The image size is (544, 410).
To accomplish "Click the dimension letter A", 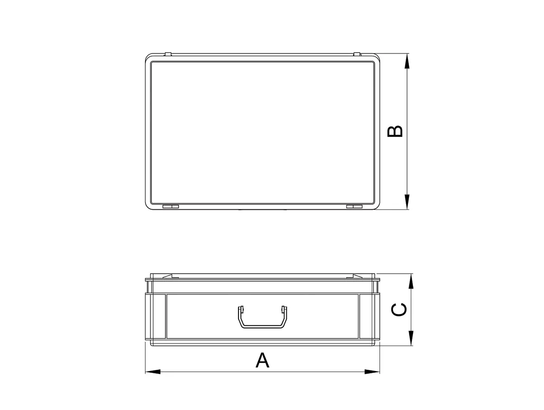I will [x=262, y=360].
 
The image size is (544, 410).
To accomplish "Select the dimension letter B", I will [x=395, y=131].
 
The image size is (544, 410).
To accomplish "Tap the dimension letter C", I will [x=398, y=310].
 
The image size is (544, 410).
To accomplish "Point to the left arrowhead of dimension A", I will [x=152, y=372].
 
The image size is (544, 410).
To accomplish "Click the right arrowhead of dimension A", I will [x=372, y=372].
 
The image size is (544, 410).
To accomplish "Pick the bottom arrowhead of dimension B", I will [x=407, y=202].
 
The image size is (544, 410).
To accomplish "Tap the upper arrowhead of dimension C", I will [x=411, y=281].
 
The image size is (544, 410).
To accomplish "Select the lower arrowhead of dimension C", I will [x=411, y=338].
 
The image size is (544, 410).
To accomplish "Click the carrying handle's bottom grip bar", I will [x=262, y=327].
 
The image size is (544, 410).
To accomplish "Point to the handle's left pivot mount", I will [x=241, y=310].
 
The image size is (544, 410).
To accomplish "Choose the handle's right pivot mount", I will [x=284, y=310].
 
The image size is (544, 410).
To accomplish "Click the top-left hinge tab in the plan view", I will [x=168, y=54].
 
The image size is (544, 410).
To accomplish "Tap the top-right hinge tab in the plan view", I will [x=357, y=54].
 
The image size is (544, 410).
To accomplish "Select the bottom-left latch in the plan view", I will [x=170, y=207].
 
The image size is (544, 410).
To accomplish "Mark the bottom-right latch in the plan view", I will [x=354, y=207].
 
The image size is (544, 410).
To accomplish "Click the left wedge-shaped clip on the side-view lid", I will [x=168, y=275].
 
